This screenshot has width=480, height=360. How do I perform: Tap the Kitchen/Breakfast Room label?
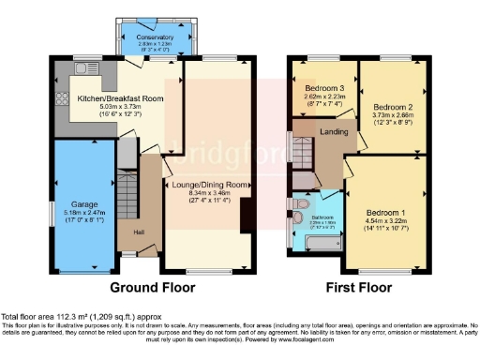121,97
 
